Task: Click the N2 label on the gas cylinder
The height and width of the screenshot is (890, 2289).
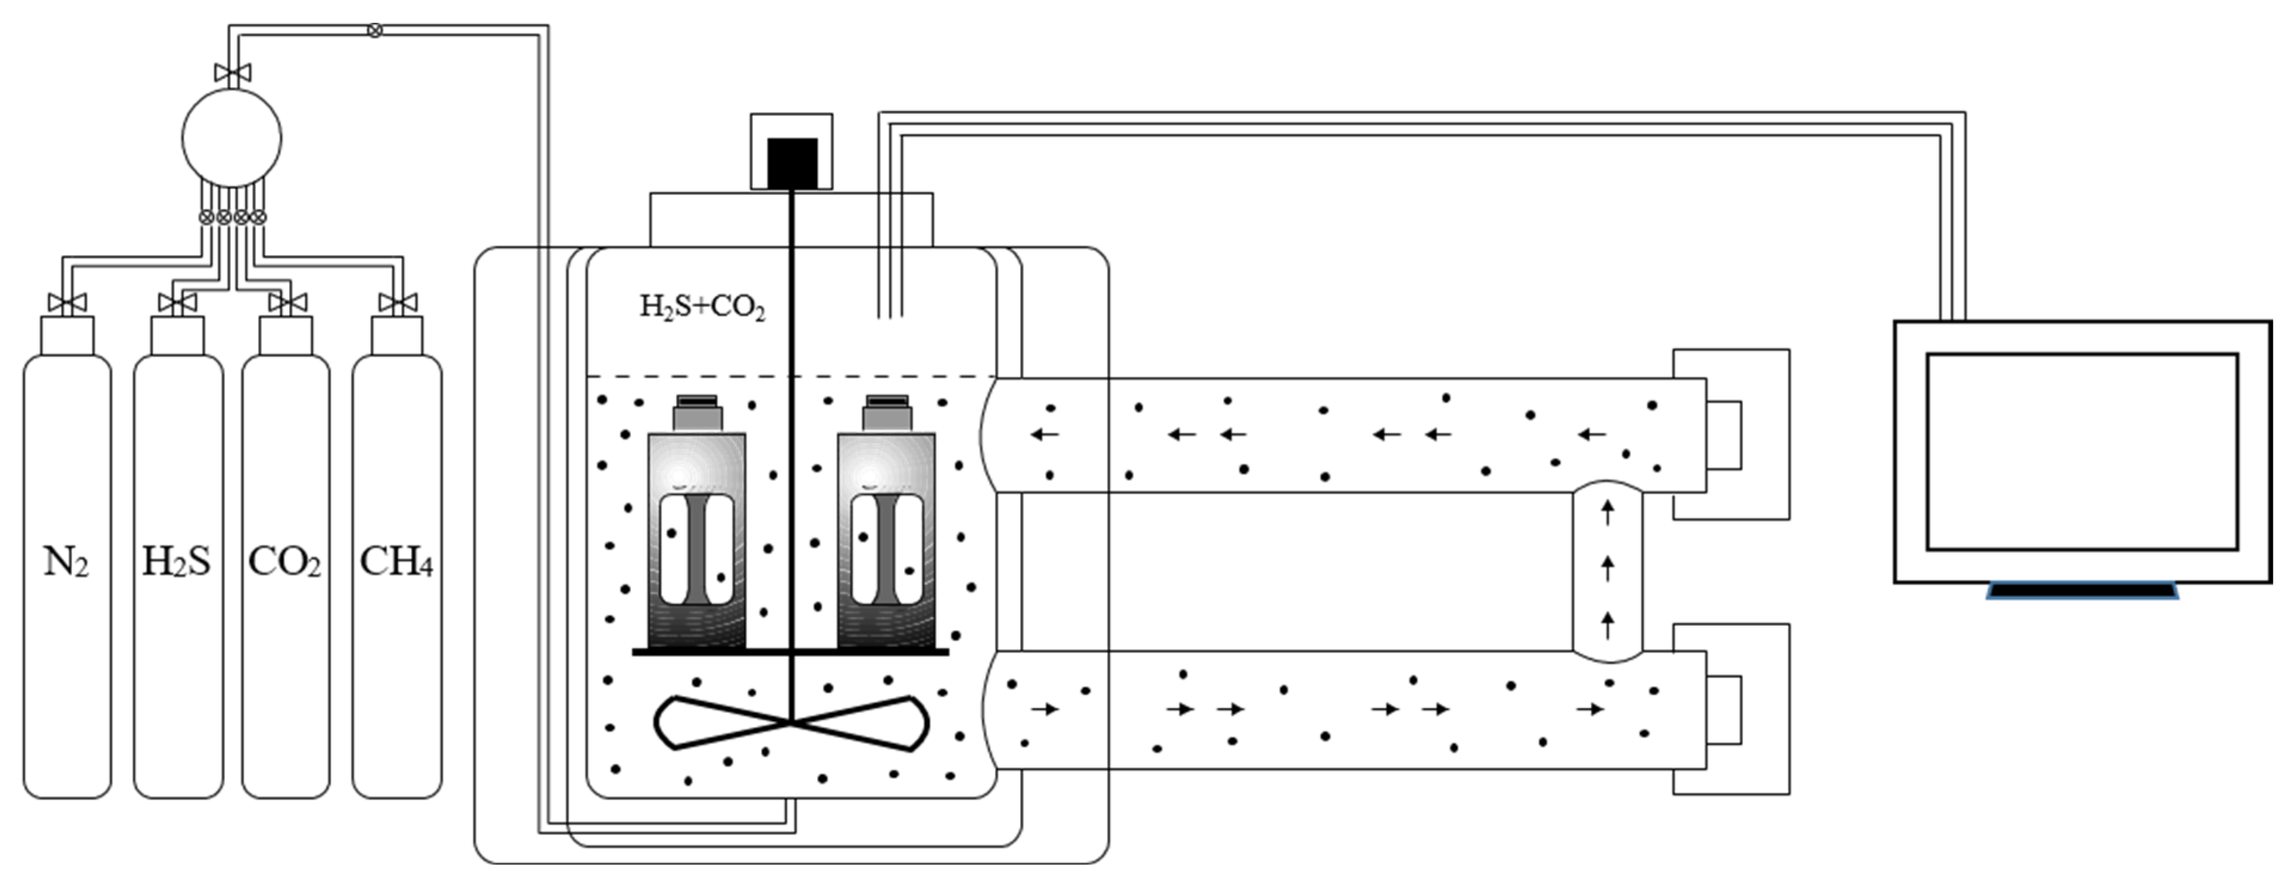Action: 67,562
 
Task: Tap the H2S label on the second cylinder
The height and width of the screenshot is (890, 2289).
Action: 177,562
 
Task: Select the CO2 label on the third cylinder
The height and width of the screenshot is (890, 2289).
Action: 284,562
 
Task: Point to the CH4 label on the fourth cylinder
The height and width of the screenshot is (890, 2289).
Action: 397,562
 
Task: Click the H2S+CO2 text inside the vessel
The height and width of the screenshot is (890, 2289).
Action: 702,307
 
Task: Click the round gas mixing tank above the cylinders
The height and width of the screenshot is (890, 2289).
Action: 232,138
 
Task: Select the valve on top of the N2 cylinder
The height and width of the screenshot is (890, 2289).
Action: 67,303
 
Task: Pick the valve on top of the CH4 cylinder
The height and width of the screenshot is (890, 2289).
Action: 397,303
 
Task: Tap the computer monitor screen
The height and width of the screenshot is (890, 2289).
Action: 2081,451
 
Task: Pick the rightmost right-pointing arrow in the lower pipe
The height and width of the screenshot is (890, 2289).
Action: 1590,709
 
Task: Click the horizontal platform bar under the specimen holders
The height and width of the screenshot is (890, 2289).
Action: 790,652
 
